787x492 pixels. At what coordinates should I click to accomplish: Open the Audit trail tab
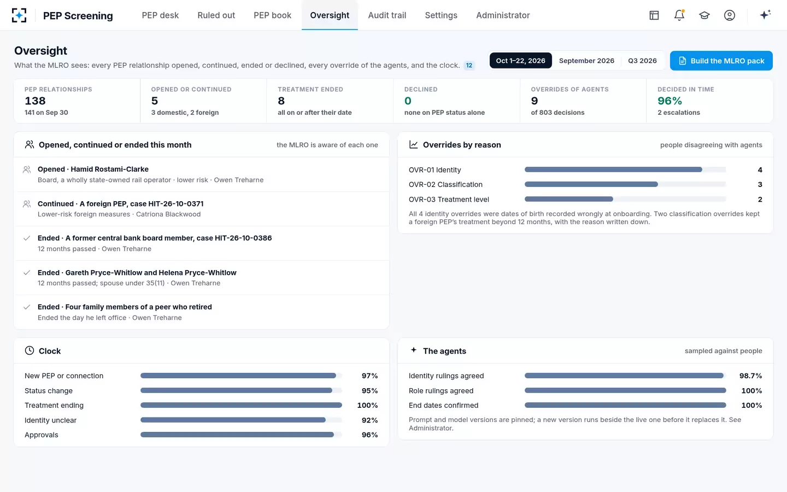[387, 15]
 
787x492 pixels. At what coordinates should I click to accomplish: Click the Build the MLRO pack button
[721, 61]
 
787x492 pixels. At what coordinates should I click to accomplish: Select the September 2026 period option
[586, 61]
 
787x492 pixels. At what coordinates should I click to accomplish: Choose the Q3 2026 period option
[642, 61]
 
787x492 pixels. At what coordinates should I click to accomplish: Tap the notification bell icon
[679, 15]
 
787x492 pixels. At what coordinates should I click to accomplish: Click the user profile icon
[730, 15]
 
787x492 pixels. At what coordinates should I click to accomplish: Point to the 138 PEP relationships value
[35, 101]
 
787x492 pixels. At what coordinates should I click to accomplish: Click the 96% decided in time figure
[669, 101]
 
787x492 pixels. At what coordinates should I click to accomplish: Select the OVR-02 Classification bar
[591, 184]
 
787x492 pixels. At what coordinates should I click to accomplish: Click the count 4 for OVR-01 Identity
[760, 169]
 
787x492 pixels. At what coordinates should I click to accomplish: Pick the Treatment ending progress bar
[241, 405]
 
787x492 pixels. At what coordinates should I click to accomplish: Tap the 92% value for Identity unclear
[369, 420]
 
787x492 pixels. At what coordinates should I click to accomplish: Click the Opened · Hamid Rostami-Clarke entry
[93, 169]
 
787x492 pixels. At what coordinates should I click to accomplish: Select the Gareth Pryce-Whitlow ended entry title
[137, 272]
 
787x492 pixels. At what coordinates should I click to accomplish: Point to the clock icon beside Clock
[30, 350]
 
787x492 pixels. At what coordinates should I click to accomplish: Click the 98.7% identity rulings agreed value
[750, 376]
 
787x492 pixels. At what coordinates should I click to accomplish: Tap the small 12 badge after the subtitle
[469, 66]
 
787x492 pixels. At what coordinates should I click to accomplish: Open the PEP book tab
[272, 15]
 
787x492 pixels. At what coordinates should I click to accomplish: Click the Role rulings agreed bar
[625, 390]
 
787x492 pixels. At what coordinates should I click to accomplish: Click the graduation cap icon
[704, 15]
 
